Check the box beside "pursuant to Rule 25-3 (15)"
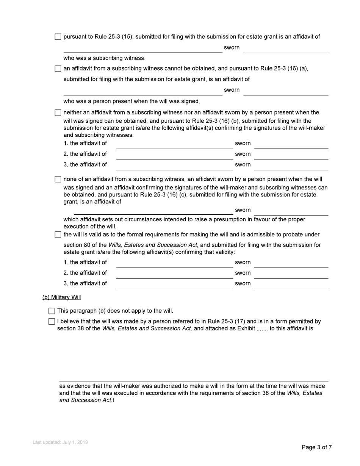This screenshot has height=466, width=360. click(58, 37)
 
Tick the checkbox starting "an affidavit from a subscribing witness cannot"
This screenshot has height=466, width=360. click(58, 69)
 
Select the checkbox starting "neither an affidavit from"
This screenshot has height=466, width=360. click(58, 113)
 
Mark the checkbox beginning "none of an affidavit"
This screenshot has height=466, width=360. click(58, 179)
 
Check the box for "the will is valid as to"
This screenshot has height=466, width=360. click(58, 235)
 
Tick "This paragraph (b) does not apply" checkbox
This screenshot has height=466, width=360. click(52, 311)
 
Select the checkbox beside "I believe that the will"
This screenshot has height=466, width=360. click(52, 322)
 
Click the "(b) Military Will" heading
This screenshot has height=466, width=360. click(61, 297)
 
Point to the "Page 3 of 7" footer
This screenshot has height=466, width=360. click(317, 447)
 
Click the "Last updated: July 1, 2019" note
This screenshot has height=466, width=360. click(60, 442)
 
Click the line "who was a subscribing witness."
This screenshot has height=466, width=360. click(104, 58)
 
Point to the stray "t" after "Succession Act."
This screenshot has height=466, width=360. click(113, 400)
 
